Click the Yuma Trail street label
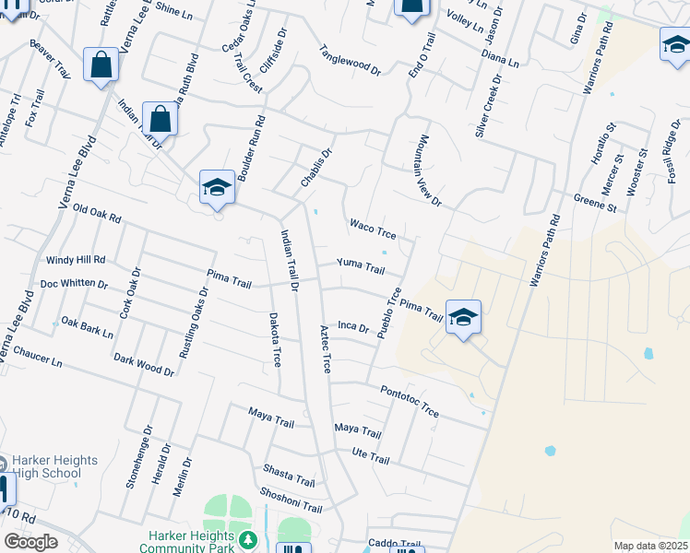[x=360, y=266]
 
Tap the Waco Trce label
[x=373, y=229]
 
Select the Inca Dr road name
[x=353, y=326]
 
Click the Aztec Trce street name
[x=324, y=348]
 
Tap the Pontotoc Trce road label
[x=410, y=399]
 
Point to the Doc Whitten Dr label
[x=74, y=284]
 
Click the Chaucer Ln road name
[x=38, y=358]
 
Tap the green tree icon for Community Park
[x=246, y=537]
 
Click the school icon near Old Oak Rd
[x=218, y=186]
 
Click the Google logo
[x=30, y=542]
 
